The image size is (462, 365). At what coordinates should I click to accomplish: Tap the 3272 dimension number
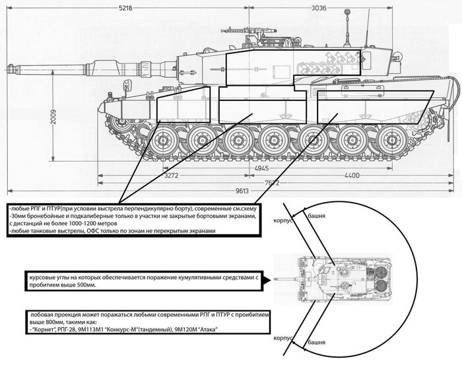pos(172,176)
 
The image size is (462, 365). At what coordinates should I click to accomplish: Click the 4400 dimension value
pos(352,176)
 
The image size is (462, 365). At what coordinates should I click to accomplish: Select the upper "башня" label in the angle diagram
pos(316,215)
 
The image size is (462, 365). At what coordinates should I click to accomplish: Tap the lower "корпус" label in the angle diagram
pos(283,338)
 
